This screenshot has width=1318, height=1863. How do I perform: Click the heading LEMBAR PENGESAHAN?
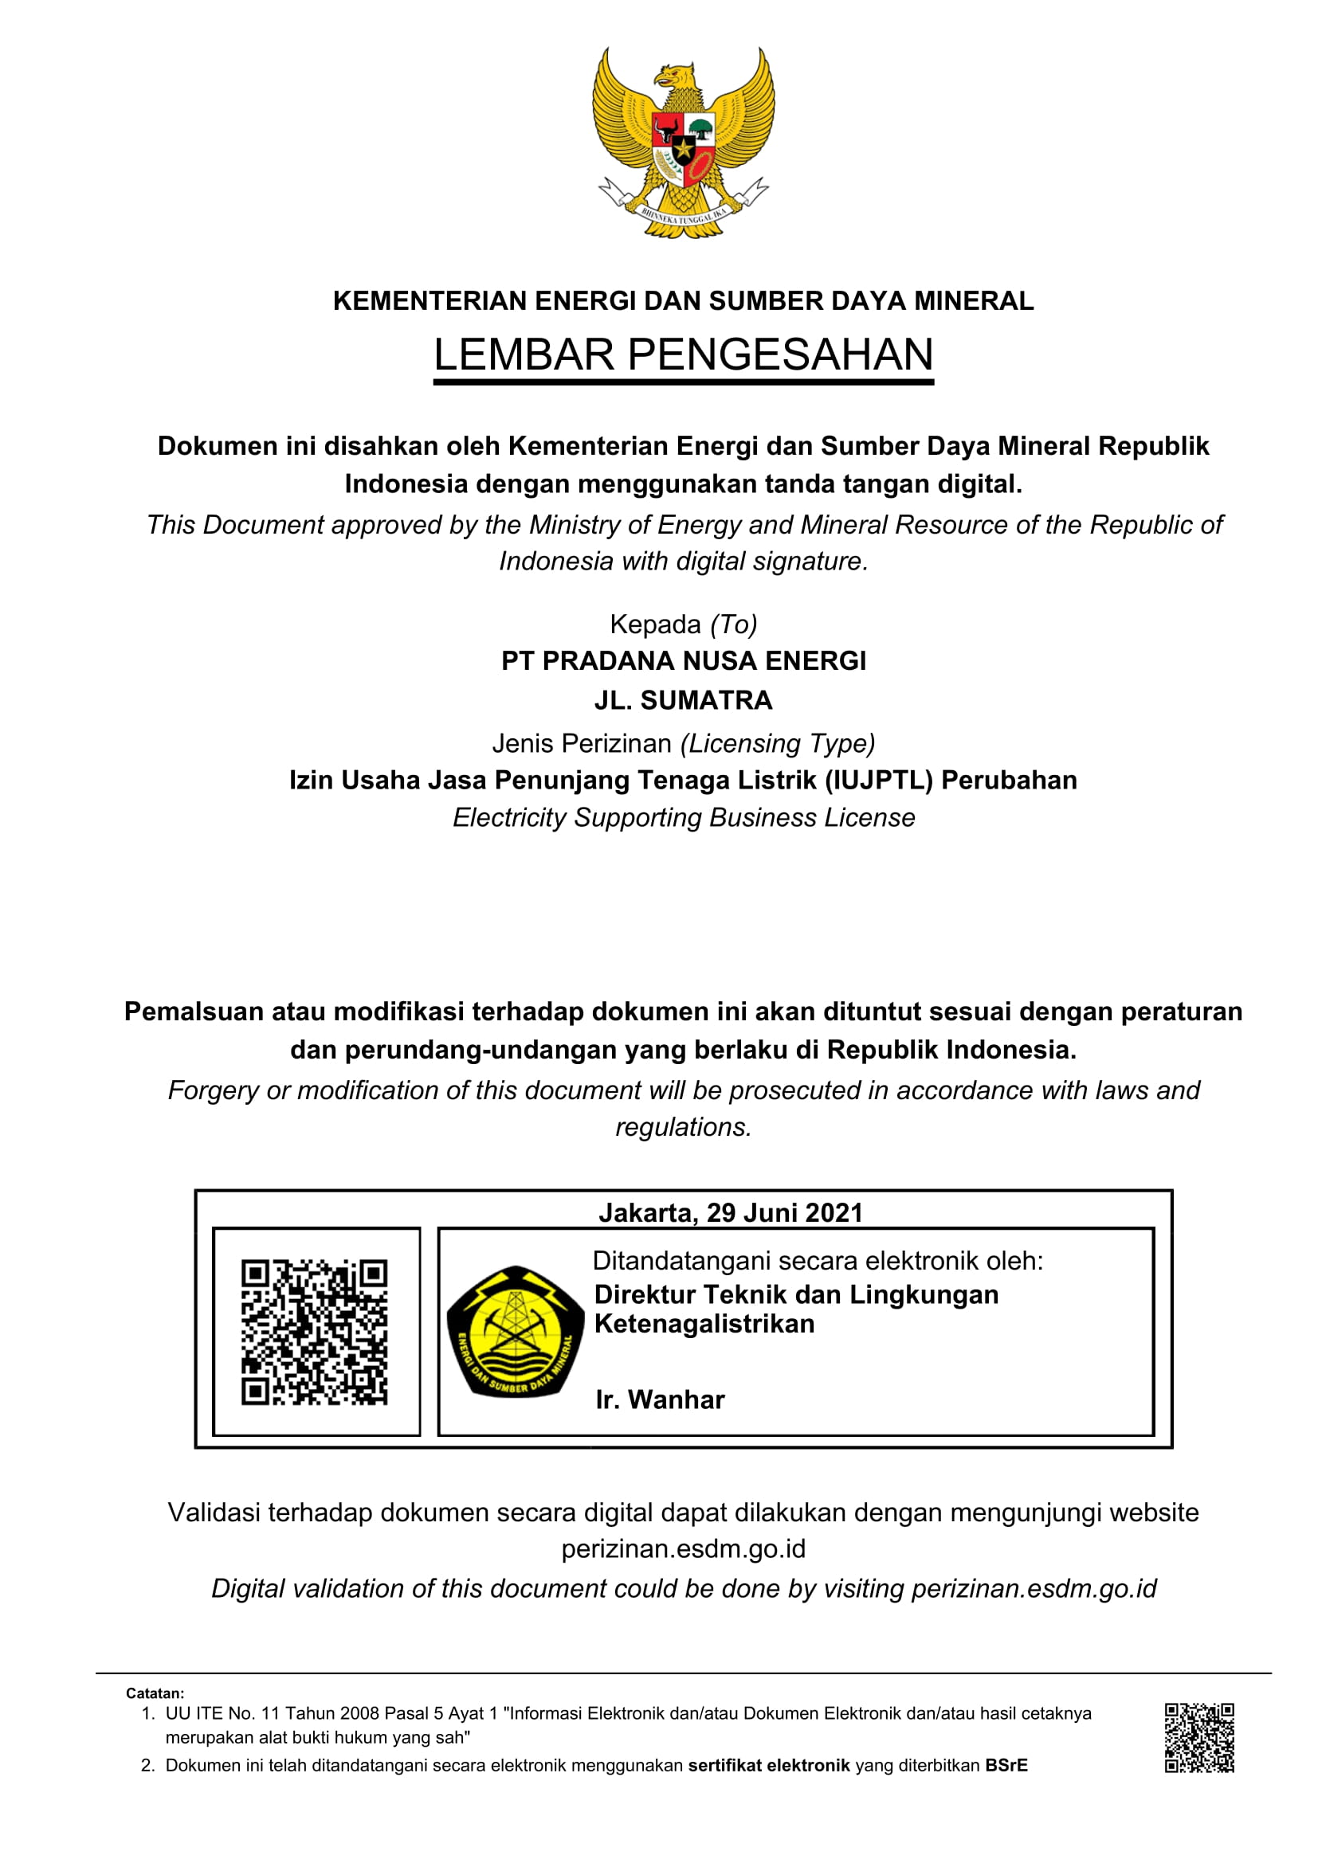[684, 354]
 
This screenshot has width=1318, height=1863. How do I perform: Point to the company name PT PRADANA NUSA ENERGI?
[684, 661]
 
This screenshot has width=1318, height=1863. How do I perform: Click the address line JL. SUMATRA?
[684, 700]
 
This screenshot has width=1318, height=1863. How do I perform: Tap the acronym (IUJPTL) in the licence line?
[879, 781]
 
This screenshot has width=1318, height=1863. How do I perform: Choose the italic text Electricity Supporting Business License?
[684, 818]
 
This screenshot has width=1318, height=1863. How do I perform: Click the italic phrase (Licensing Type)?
[778, 743]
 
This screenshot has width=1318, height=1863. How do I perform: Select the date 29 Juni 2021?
[784, 1213]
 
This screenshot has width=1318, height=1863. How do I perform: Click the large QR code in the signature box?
[315, 1333]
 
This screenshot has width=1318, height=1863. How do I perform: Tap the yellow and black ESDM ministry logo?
[516, 1332]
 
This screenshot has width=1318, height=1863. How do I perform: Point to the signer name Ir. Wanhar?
[660, 1399]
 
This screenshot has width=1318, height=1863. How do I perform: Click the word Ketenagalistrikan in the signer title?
[704, 1324]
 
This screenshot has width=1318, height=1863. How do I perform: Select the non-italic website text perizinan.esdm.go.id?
[684, 1549]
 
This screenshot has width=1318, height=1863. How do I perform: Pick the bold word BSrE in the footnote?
[1006, 1766]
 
